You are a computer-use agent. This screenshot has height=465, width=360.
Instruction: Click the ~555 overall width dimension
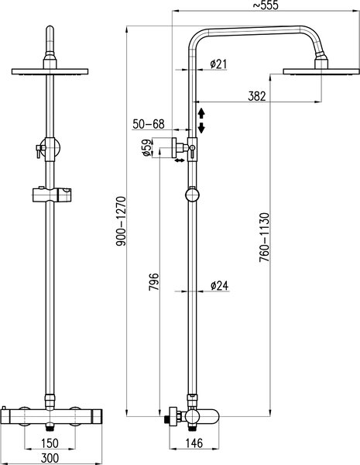click(x=265, y=5)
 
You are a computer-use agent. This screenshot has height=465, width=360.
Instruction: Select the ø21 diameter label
click(x=218, y=64)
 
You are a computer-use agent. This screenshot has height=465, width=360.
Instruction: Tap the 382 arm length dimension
click(x=256, y=96)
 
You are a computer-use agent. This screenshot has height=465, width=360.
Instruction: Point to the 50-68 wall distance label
click(x=148, y=124)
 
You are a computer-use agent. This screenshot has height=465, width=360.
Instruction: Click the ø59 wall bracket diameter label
click(x=147, y=148)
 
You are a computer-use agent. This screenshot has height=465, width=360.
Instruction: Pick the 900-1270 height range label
click(x=121, y=221)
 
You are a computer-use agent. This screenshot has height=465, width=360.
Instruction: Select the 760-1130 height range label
click(x=264, y=237)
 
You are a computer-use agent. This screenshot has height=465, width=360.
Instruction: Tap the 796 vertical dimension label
click(x=154, y=282)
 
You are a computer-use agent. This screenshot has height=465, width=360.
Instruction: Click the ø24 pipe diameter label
click(x=220, y=285)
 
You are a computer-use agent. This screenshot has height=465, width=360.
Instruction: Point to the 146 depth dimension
click(x=194, y=443)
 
